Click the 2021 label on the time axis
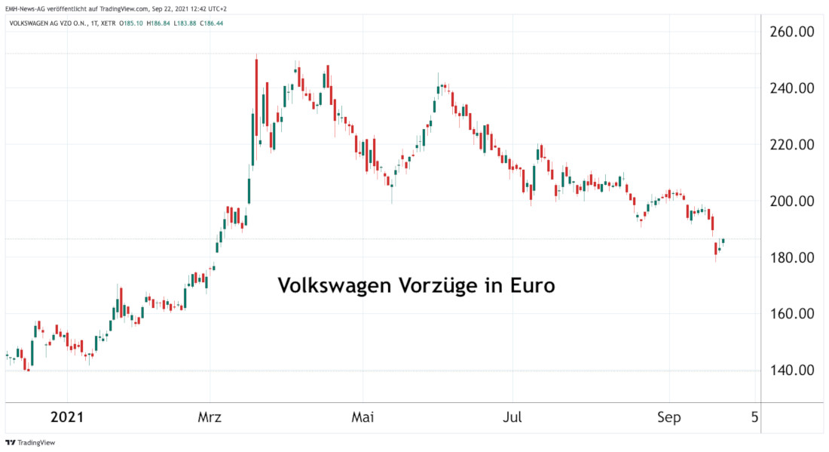[x=67, y=417]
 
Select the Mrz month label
[x=210, y=417]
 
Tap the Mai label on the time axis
[x=362, y=417]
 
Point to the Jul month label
[x=512, y=417]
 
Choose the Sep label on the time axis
[x=668, y=417]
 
